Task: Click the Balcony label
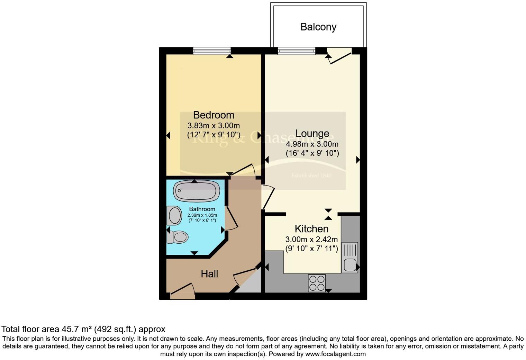(x=318, y=27)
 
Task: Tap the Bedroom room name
(x=214, y=115)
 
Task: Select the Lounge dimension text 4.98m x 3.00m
(x=312, y=144)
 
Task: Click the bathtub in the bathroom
(x=196, y=191)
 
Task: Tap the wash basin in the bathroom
(x=174, y=216)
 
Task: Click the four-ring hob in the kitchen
(x=317, y=283)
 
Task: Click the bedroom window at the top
(x=212, y=51)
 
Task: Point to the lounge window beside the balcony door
(x=296, y=51)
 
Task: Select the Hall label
(x=209, y=274)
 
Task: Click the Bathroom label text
(x=202, y=209)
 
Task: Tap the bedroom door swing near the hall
(x=244, y=170)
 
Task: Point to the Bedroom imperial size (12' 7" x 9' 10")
(x=214, y=135)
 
